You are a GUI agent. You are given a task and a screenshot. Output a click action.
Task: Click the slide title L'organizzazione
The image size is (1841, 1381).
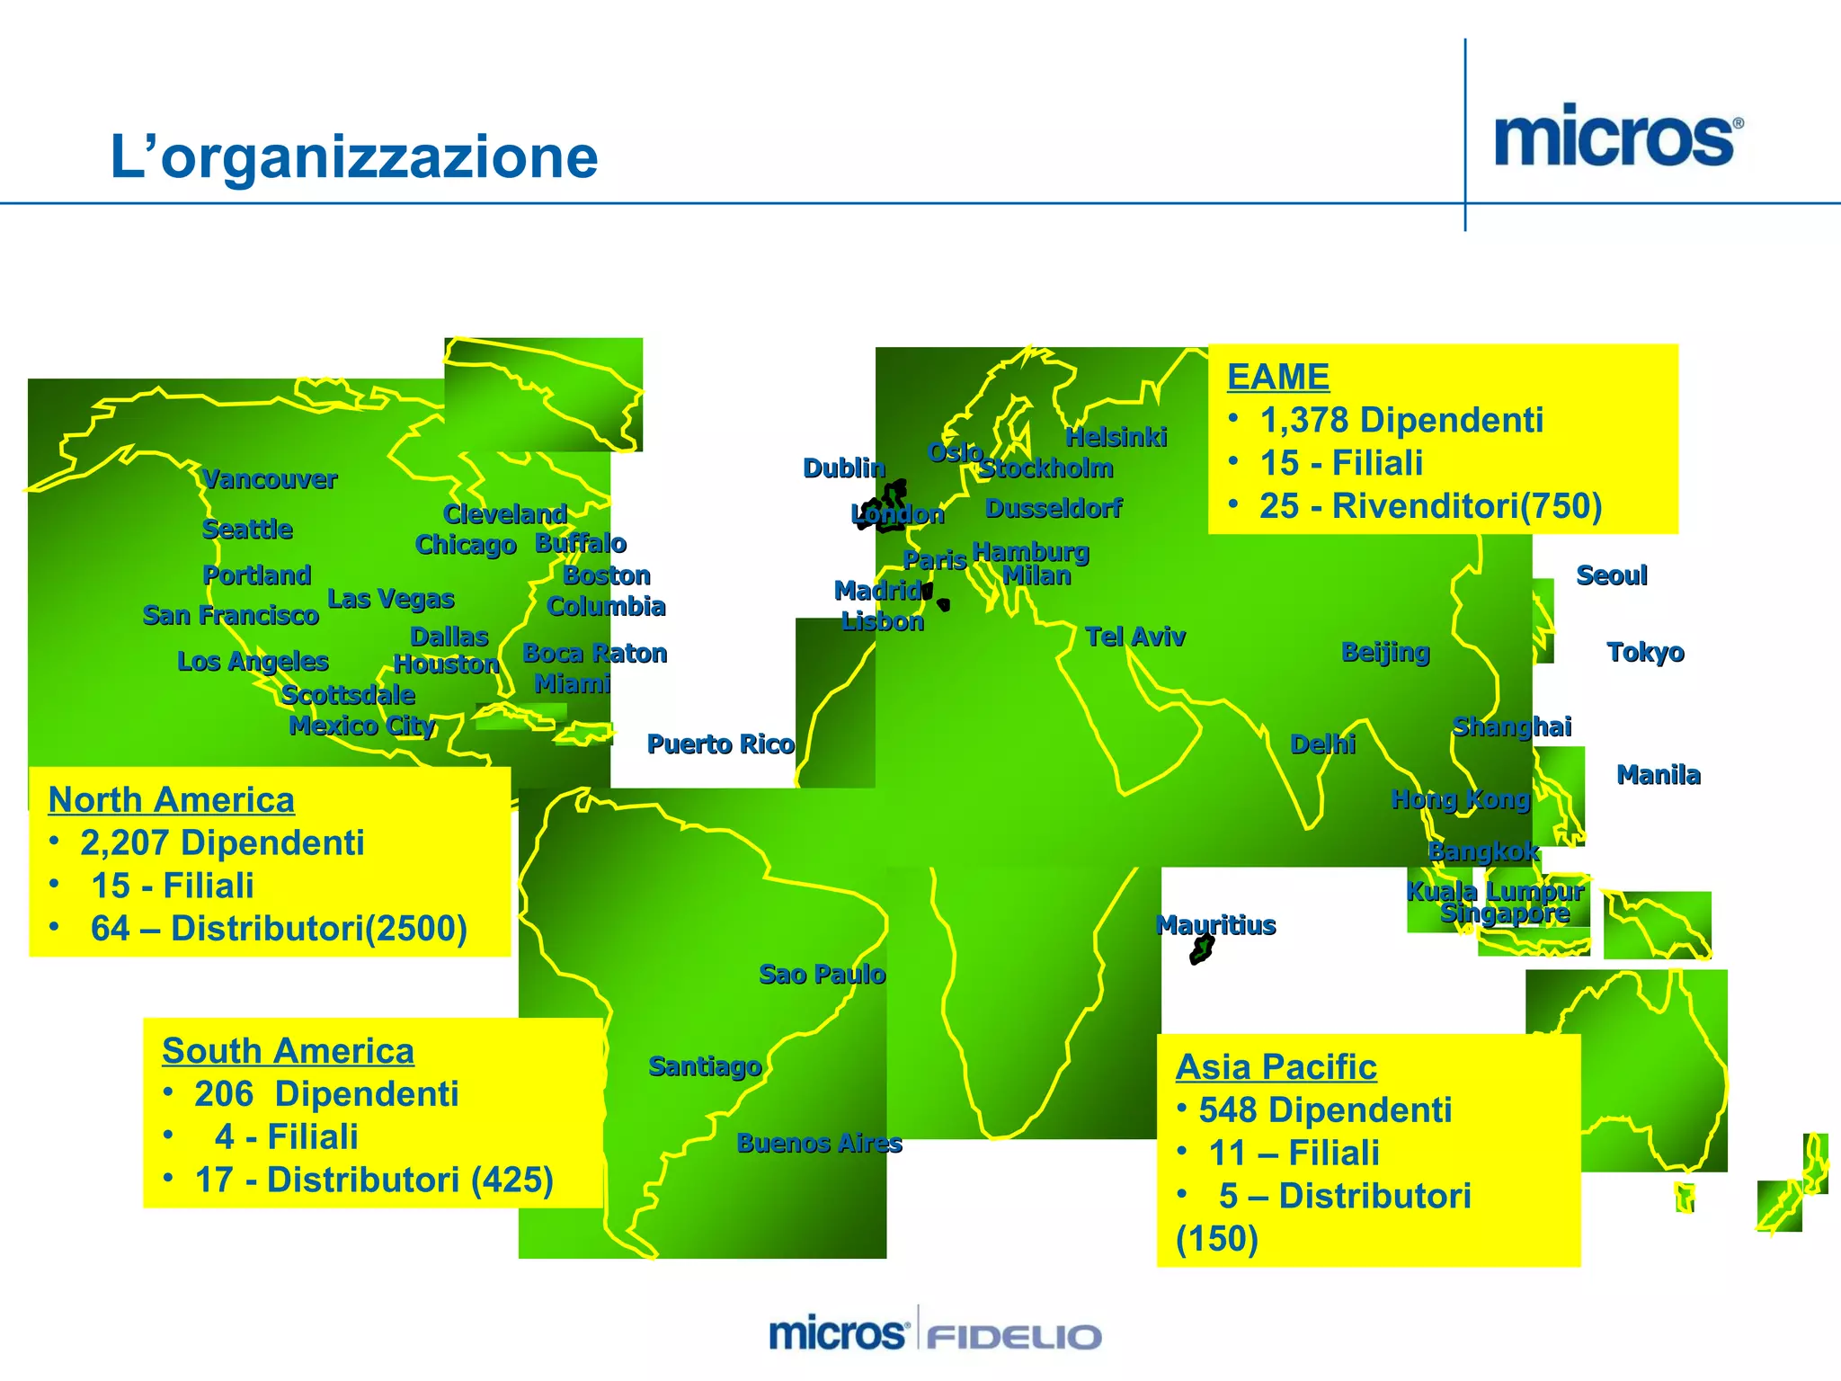coord(353,156)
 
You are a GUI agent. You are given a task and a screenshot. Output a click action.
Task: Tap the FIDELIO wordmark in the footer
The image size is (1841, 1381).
coord(1014,1335)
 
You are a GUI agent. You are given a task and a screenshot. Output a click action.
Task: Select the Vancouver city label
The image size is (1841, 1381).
coord(270,479)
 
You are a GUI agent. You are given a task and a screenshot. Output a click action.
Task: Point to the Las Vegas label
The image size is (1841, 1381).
coord(391,599)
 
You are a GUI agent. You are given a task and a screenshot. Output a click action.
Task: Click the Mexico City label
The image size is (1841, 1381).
coord(362,726)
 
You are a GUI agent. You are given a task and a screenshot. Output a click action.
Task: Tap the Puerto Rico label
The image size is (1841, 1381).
coord(721,744)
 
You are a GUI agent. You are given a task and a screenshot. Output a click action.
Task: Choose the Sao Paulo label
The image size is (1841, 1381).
coord(823,975)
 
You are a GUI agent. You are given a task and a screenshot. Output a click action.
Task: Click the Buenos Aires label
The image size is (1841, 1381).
coord(819,1144)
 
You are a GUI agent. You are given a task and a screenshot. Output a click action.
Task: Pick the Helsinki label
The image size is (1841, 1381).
coord(1116,438)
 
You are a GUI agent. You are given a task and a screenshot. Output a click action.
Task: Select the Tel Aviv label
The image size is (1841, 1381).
coord(1135,637)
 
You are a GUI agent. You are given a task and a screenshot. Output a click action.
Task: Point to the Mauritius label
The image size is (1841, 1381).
coord(1215,925)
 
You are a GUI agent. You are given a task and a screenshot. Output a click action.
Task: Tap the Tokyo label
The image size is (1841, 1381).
coord(1645,653)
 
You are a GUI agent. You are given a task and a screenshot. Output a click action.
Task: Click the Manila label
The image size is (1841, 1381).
coord(1659,775)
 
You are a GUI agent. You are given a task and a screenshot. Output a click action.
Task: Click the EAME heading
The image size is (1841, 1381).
coord(1277,377)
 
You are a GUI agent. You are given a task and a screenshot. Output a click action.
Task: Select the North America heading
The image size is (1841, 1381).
coord(171,799)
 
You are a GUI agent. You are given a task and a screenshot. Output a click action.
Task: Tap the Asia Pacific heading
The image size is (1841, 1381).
coord(1276,1067)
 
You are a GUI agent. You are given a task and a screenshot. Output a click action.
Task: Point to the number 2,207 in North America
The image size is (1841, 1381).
coord(125,843)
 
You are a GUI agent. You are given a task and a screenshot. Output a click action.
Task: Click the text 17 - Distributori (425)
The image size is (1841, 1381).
coord(374,1181)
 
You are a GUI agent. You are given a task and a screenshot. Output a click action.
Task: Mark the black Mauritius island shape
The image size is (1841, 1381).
coord(1202,949)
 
